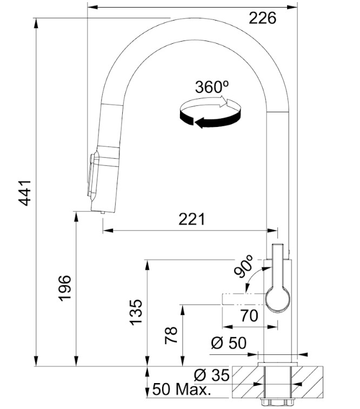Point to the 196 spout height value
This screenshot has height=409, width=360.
coord(64,288)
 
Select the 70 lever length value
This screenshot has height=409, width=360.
coord(249,316)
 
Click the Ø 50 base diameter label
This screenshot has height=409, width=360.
coord(229,343)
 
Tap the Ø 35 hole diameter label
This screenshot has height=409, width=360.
coord(212,374)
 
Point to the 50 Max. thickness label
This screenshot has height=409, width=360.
coord(182,390)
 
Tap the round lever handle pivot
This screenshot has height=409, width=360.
coord(278,299)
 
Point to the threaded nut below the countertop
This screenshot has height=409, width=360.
coord(277,402)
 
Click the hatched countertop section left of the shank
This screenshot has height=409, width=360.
coord(244,381)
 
